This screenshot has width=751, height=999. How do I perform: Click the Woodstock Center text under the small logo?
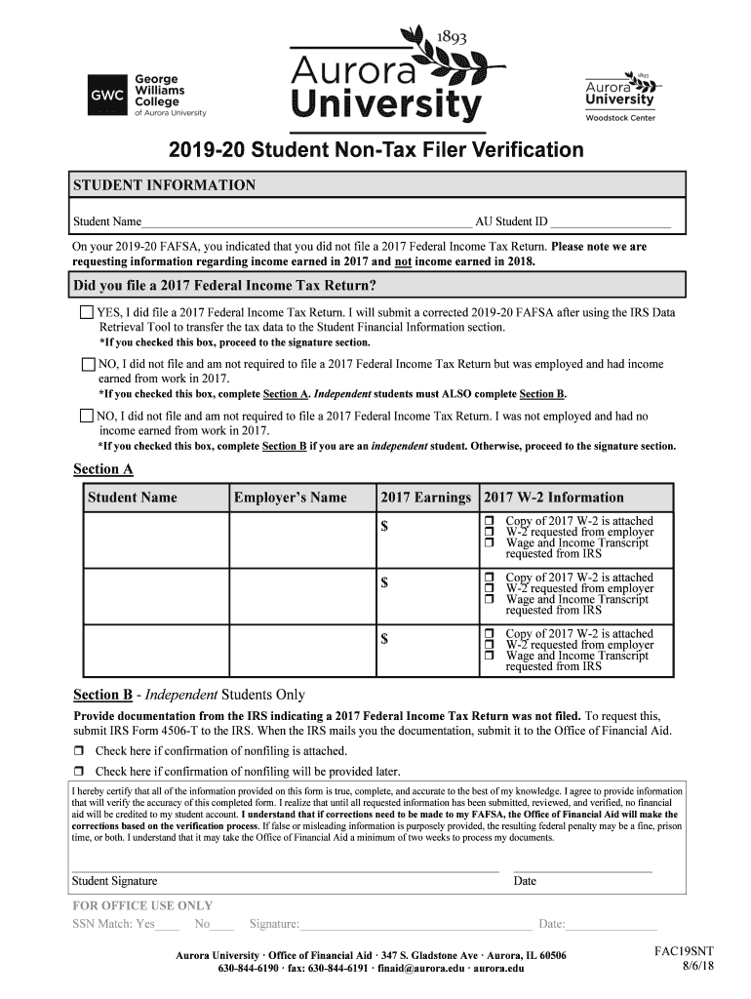[x=619, y=118]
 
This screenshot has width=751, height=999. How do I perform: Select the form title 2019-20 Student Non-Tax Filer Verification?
[x=375, y=150]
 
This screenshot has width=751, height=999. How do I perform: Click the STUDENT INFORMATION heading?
[x=164, y=185]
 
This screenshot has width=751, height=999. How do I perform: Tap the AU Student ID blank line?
[x=612, y=222]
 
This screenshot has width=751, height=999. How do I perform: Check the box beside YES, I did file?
[x=86, y=313]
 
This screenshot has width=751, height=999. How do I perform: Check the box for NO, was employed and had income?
[x=87, y=365]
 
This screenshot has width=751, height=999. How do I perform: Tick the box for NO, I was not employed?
[x=87, y=417]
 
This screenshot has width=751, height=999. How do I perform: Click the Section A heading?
[x=103, y=469]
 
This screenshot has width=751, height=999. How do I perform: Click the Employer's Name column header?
[x=290, y=498]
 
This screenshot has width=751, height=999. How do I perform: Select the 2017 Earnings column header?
[x=425, y=498]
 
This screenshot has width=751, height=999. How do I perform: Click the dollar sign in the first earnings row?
[x=385, y=527]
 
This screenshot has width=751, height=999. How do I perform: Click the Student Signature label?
[x=114, y=881]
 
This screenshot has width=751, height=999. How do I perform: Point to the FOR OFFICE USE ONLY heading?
[x=142, y=905]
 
